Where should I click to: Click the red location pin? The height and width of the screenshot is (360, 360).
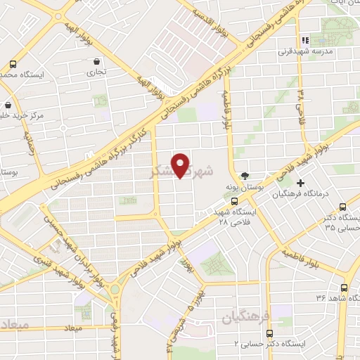click(181, 165)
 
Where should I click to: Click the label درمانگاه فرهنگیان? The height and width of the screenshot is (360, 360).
click(309, 194)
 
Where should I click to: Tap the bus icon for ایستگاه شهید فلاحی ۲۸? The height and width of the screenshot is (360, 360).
click(234, 201)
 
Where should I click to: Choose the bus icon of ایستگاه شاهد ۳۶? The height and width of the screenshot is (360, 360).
click(344, 288)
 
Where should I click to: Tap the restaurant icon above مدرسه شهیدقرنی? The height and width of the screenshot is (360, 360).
click(304, 40)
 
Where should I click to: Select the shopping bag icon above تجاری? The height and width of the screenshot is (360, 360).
click(95, 61)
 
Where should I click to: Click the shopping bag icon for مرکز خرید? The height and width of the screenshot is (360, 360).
click(8, 105)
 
